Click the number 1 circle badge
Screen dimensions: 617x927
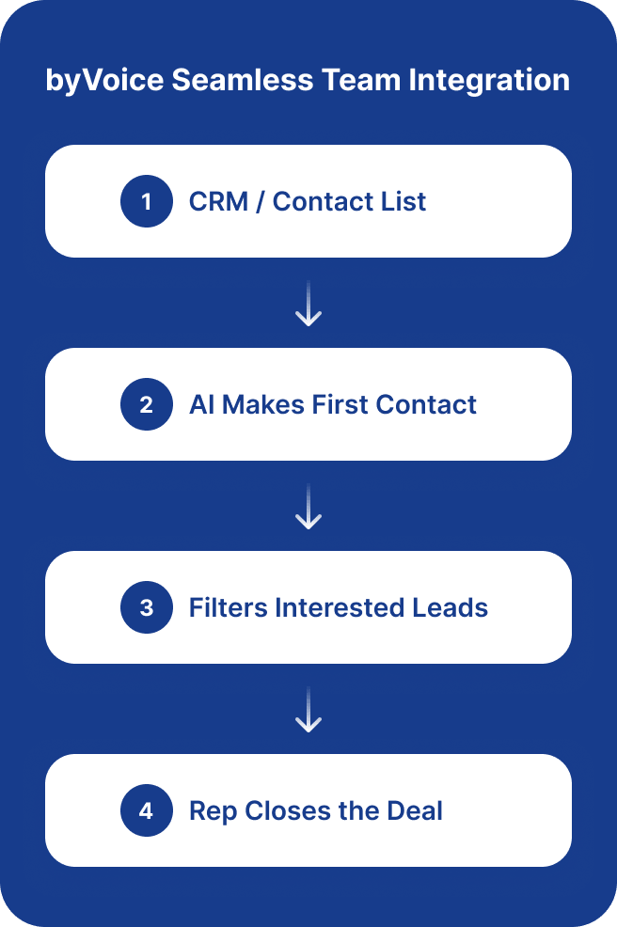coord(147,201)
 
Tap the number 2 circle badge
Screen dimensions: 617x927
coord(147,404)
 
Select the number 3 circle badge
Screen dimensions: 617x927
coord(147,607)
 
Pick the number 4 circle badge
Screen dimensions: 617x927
coord(147,810)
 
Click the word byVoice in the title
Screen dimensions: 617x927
coord(104,81)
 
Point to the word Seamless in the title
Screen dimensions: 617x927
coord(243,80)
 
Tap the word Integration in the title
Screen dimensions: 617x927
coord(489,81)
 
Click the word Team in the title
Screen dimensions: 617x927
coord(361,80)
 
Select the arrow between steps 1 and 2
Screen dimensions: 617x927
coord(308,304)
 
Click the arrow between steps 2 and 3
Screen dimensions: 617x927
coord(308,506)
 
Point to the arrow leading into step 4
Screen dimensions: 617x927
coord(308,710)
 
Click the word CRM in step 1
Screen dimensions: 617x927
coord(218,201)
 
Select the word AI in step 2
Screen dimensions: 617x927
coord(201,405)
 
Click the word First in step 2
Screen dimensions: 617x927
coord(340,405)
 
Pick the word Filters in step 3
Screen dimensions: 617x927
coord(228,607)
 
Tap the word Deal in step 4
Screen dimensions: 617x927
coord(415,811)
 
